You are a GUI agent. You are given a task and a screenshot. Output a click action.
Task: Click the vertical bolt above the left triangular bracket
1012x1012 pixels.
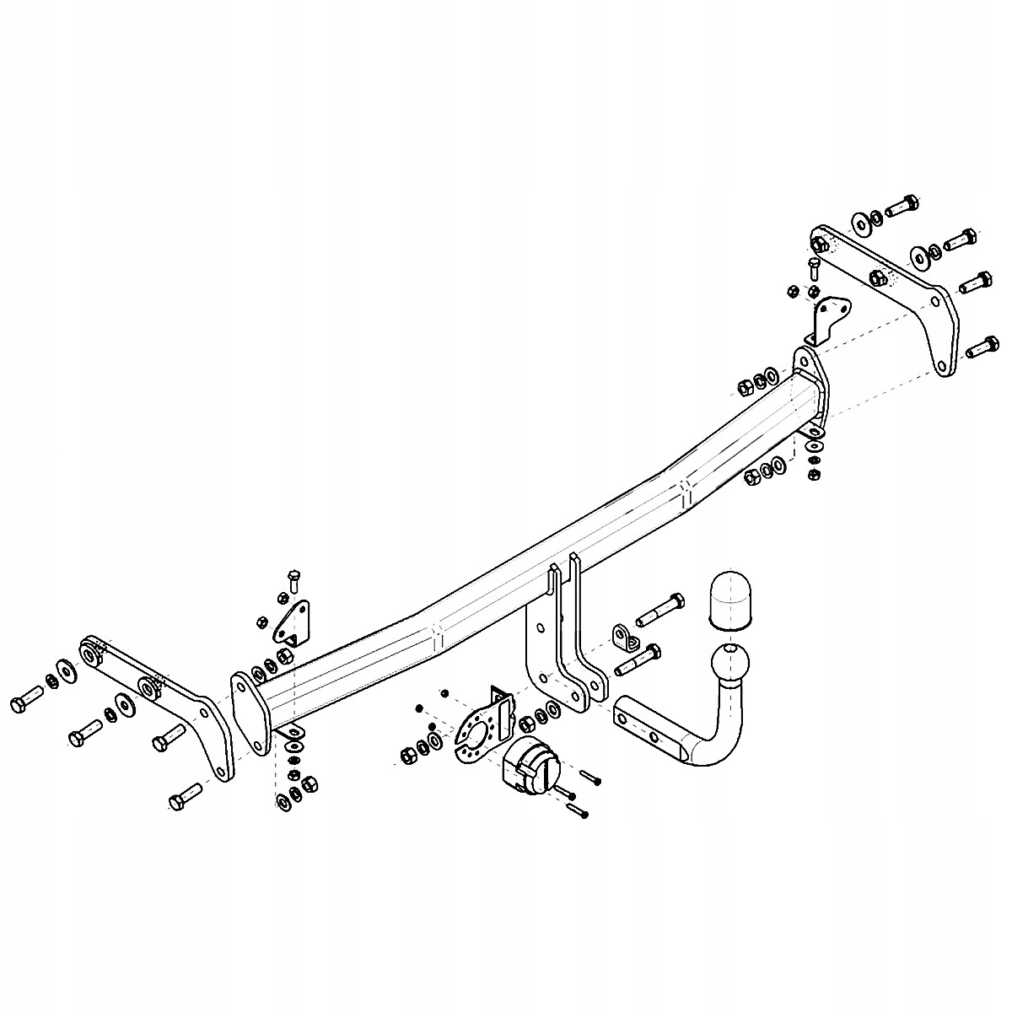click(x=293, y=579)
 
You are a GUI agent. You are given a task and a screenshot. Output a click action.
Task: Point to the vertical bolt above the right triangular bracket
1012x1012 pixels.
click(x=814, y=268)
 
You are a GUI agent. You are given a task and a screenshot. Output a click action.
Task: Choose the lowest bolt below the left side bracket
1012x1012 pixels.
click(x=185, y=796)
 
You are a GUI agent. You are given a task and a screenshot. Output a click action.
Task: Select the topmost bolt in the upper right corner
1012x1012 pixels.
click(x=902, y=204)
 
